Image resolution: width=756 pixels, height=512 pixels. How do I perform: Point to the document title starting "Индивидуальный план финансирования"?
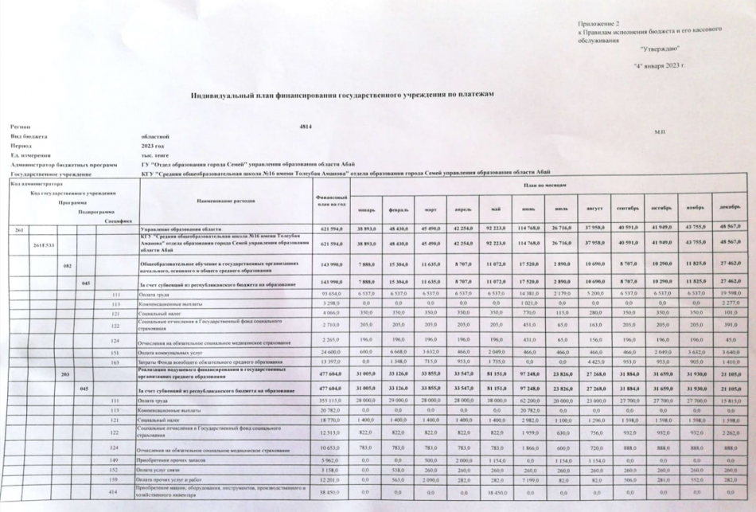click(342, 94)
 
